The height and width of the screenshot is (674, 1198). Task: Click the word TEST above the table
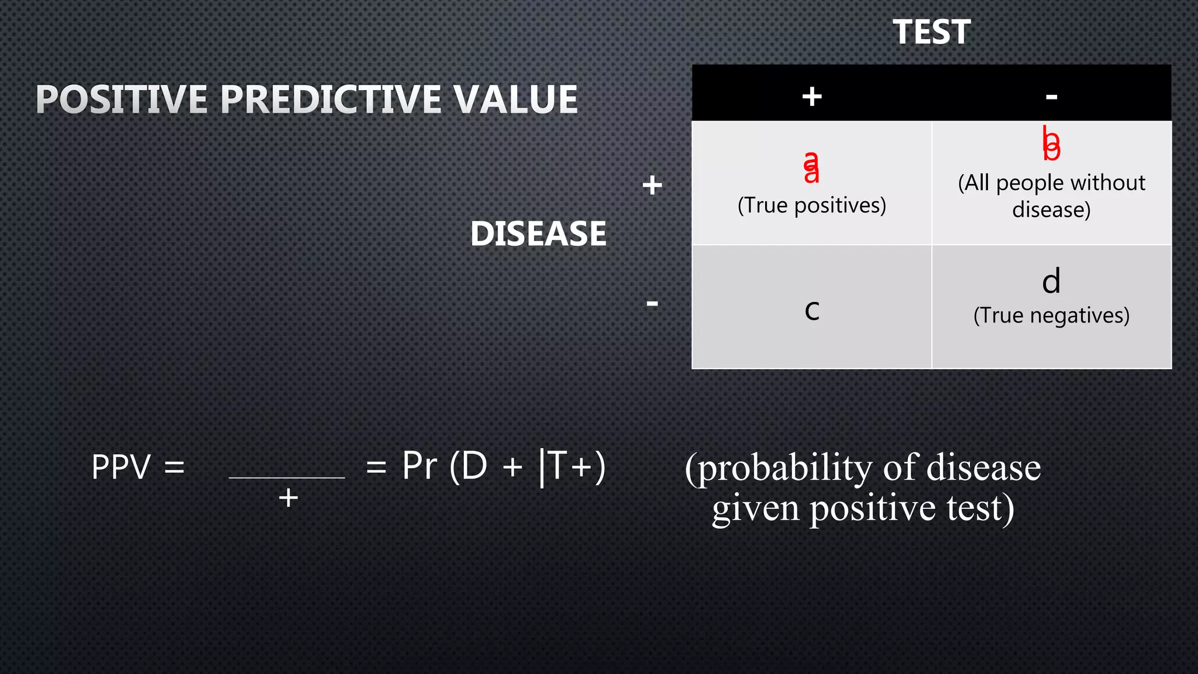tap(931, 32)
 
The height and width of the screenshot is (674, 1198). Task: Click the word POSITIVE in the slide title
tap(122, 99)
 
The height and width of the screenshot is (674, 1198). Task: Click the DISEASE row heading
tap(538, 233)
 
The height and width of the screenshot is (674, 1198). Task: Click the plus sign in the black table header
tap(812, 96)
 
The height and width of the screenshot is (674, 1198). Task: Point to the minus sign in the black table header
tap(1051, 96)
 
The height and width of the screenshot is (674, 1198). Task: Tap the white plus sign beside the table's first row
tap(652, 185)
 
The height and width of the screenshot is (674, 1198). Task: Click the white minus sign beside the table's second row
tap(652, 303)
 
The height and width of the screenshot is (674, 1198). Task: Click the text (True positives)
tap(812, 205)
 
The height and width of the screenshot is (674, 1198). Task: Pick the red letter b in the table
tap(1051, 144)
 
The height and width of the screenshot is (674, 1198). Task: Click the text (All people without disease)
tap(1051, 196)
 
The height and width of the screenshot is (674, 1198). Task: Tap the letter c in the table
tap(812, 310)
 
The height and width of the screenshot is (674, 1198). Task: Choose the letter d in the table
tap(1051, 281)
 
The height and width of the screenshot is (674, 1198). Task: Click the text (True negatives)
tap(1051, 315)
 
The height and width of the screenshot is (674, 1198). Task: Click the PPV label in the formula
tap(121, 467)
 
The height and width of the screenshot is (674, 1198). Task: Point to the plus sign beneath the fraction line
tap(288, 498)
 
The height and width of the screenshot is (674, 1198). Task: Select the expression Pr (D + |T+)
tap(504, 466)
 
